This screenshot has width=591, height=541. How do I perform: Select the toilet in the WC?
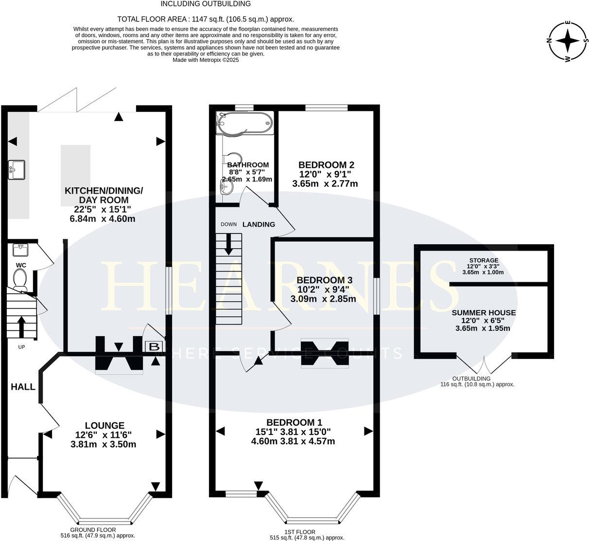click(x=20, y=280)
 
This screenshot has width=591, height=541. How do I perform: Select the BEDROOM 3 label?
click(x=324, y=280)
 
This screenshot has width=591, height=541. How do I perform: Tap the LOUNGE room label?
click(x=104, y=425)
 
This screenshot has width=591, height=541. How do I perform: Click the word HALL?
click(x=23, y=387)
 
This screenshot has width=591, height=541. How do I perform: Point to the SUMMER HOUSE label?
click(x=484, y=313)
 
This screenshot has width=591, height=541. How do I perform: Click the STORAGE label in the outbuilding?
click(x=483, y=261)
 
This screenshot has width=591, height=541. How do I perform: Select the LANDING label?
click(x=259, y=224)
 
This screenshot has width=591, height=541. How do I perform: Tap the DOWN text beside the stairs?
click(x=228, y=224)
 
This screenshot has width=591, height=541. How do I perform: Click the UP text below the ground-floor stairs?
click(x=21, y=347)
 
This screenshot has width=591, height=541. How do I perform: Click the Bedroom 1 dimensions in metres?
click(x=293, y=442)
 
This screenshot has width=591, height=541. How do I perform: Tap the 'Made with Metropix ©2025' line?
click(x=206, y=60)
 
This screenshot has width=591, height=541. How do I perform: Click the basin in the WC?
click(x=20, y=250)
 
